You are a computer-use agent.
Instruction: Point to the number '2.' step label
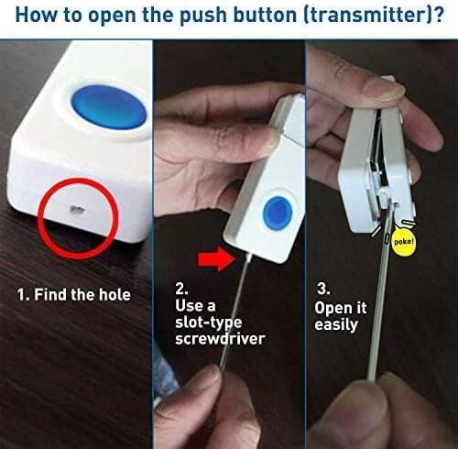point(183,286)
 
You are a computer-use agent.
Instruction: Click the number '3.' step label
point(322,287)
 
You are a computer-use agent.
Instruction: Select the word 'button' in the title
point(239,16)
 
